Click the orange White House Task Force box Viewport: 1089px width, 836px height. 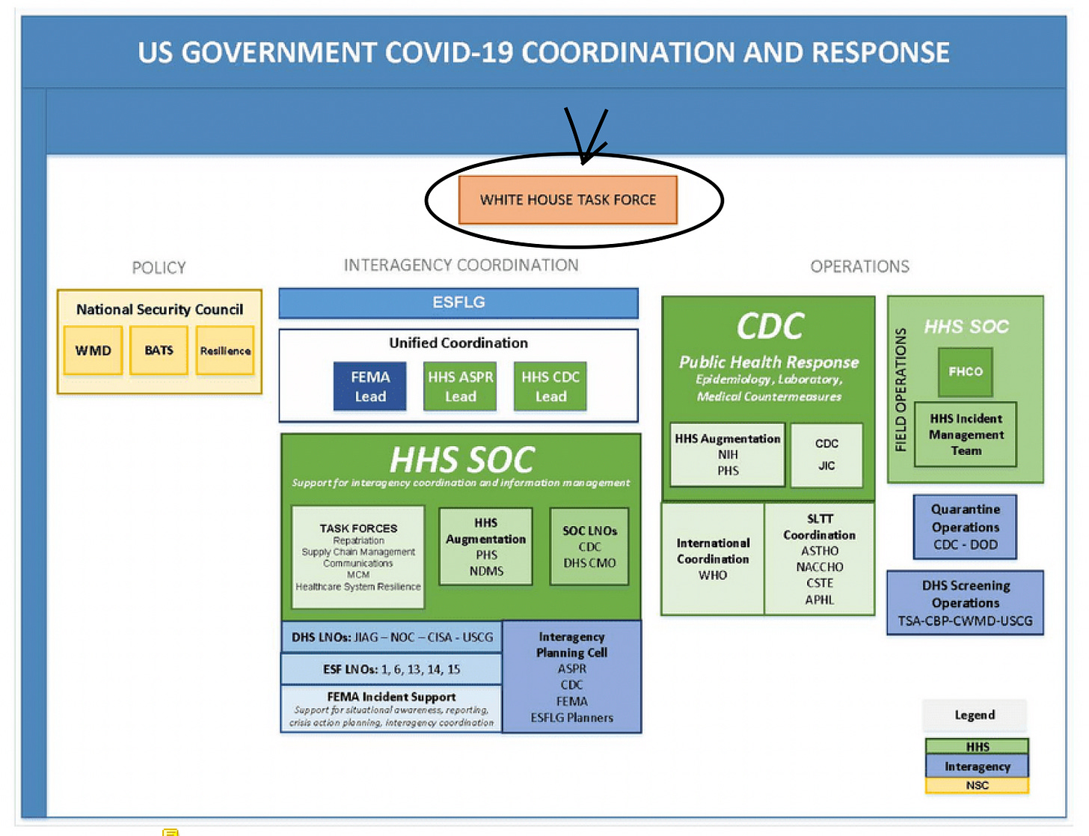pyautogui.click(x=568, y=200)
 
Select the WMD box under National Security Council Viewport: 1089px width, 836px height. pyautogui.click(x=93, y=350)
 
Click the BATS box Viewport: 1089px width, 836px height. pyautogui.click(x=159, y=350)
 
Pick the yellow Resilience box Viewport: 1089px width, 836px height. pyautogui.click(x=225, y=350)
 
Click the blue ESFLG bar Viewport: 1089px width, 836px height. pyautogui.click(x=458, y=303)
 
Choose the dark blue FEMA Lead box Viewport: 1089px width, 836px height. pyautogui.click(x=370, y=386)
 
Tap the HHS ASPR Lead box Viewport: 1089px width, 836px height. pyautogui.click(x=460, y=386)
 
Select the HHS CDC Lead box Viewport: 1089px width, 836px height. pyautogui.click(x=550, y=386)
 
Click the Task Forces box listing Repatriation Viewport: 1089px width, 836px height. pyautogui.click(x=358, y=557)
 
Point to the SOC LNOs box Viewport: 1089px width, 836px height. pyautogui.click(x=589, y=546)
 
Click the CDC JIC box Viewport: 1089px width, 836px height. pyautogui.click(x=826, y=454)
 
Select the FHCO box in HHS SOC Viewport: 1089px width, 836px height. pyautogui.click(x=966, y=372)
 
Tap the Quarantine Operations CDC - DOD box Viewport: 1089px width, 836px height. pyautogui.click(x=965, y=527)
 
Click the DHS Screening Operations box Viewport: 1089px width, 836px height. pyautogui.click(x=965, y=603)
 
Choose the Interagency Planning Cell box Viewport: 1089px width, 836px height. pyautogui.click(x=572, y=677)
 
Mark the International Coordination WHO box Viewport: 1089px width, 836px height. pyautogui.click(x=713, y=559)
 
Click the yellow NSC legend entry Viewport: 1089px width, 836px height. pyautogui.click(x=977, y=786)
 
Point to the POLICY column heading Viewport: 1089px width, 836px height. pyautogui.click(x=159, y=268)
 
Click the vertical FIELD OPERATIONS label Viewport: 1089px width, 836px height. pyautogui.click(x=901, y=390)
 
